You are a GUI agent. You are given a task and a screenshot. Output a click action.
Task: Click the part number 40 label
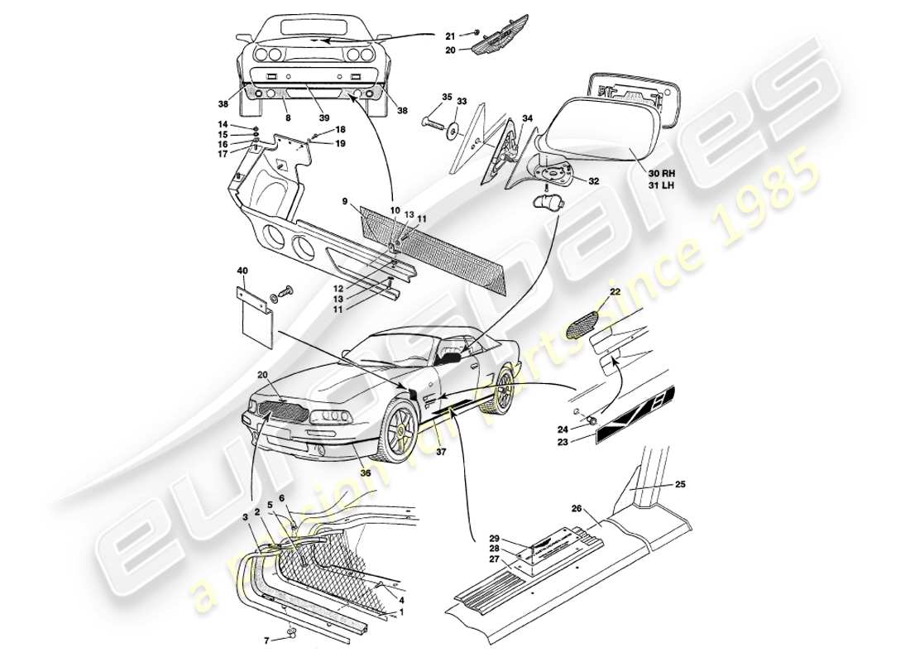pyautogui.click(x=242, y=271)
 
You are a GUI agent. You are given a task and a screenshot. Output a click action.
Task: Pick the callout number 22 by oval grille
pyautogui.click(x=615, y=293)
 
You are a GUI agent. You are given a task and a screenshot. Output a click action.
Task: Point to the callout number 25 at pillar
pyautogui.click(x=681, y=483)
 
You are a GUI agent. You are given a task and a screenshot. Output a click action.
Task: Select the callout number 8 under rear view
pyautogui.click(x=287, y=118)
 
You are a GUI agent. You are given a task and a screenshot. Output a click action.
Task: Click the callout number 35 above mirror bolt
pyautogui.click(x=448, y=98)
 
